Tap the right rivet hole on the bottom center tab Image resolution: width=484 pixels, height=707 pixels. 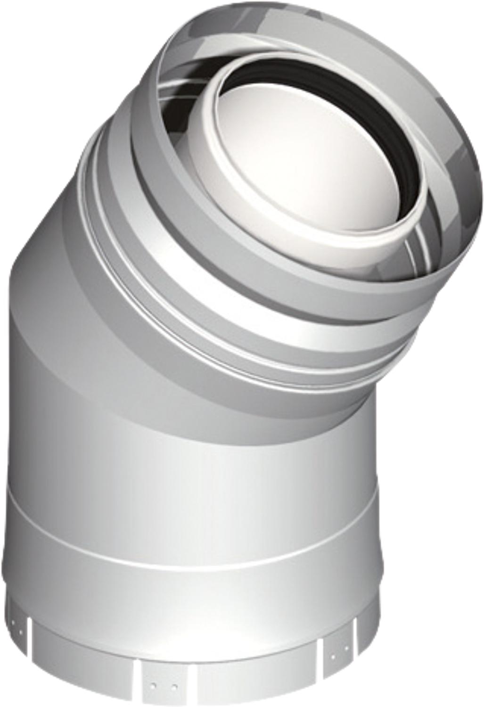[x=175, y=684]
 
